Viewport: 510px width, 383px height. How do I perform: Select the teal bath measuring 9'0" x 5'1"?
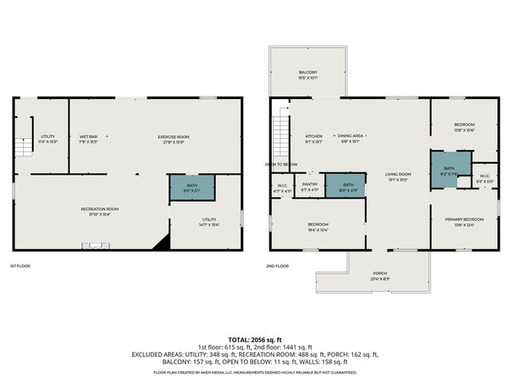coord(191,188)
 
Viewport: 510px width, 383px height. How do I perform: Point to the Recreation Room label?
coord(100,211)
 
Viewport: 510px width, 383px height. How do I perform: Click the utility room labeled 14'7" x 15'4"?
coord(209,222)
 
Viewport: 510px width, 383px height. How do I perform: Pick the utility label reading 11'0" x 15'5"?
coord(48,140)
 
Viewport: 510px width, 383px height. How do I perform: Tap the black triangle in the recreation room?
coord(163,242)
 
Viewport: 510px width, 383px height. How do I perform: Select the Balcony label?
coord(308,75)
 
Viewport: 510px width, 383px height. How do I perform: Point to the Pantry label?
coord(310,187)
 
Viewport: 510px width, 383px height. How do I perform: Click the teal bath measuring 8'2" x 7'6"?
coord(449,171)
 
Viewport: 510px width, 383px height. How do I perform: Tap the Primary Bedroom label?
coord(463,222)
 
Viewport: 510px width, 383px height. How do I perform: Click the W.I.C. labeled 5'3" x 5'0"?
coord(484,179)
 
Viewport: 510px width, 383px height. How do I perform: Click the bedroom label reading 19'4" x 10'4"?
coord(318,227)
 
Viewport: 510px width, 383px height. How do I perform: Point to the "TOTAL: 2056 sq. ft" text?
coord(255,339)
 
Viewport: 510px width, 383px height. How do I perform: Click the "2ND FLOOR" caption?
coord(277,265)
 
